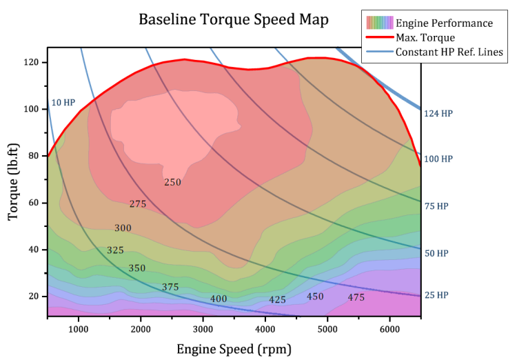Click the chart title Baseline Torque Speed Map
(234, 19)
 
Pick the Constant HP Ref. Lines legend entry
(449, 52)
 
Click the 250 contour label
(172, 182)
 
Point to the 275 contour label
(138, 204)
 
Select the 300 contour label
(123, 228)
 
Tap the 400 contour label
(219, 299)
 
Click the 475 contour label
(356, 297)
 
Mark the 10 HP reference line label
(63, 103)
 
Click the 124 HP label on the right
(438, 113)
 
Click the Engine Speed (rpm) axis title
(234, 349)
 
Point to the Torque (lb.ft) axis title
(13, 179)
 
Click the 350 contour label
(137, 268)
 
